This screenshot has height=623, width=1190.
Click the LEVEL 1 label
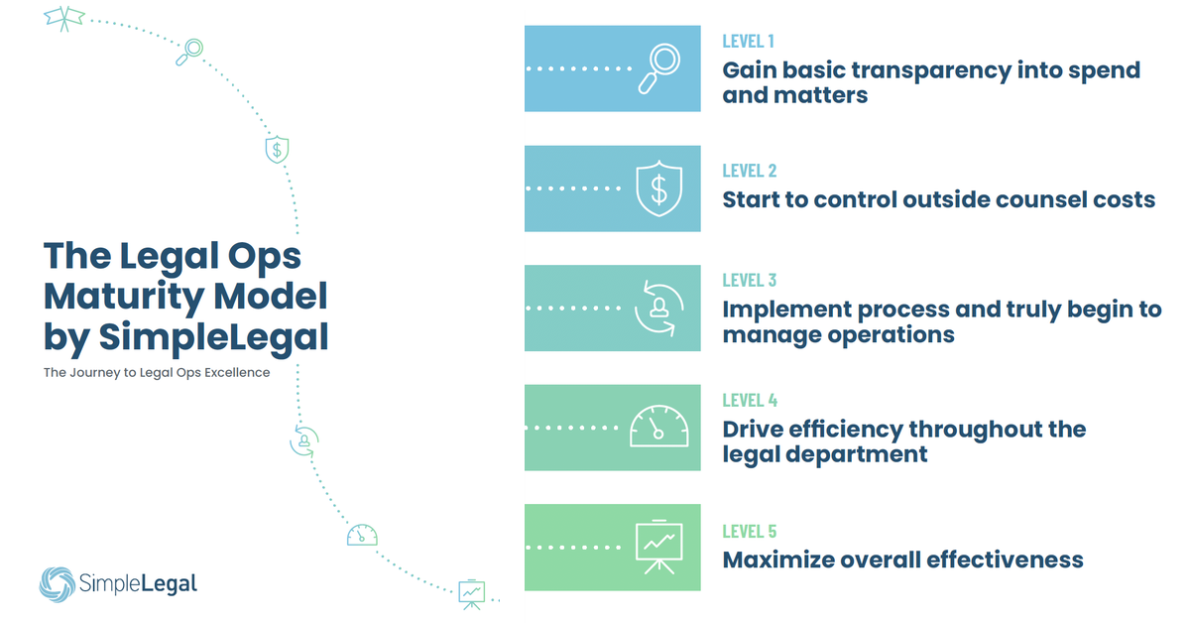tap(748, 42)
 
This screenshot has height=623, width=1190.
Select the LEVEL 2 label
tap(749, 171)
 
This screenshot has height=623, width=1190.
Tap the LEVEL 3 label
tap(749, 281)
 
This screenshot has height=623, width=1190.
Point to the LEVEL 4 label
tap(749, 401)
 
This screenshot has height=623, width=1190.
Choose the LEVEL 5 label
tap(749, 532)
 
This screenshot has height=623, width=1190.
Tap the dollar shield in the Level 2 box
tap(658, 188)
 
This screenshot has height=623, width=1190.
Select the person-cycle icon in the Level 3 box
tap(657, 308)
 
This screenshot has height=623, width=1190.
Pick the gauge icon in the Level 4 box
tap(658, 427)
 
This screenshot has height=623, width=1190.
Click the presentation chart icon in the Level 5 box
tap(658, 547)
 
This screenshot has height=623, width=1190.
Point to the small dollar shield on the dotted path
tap(277, 150)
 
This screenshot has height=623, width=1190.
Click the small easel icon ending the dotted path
tap(471, 592)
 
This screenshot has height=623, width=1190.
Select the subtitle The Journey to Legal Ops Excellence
tap(157, 373)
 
